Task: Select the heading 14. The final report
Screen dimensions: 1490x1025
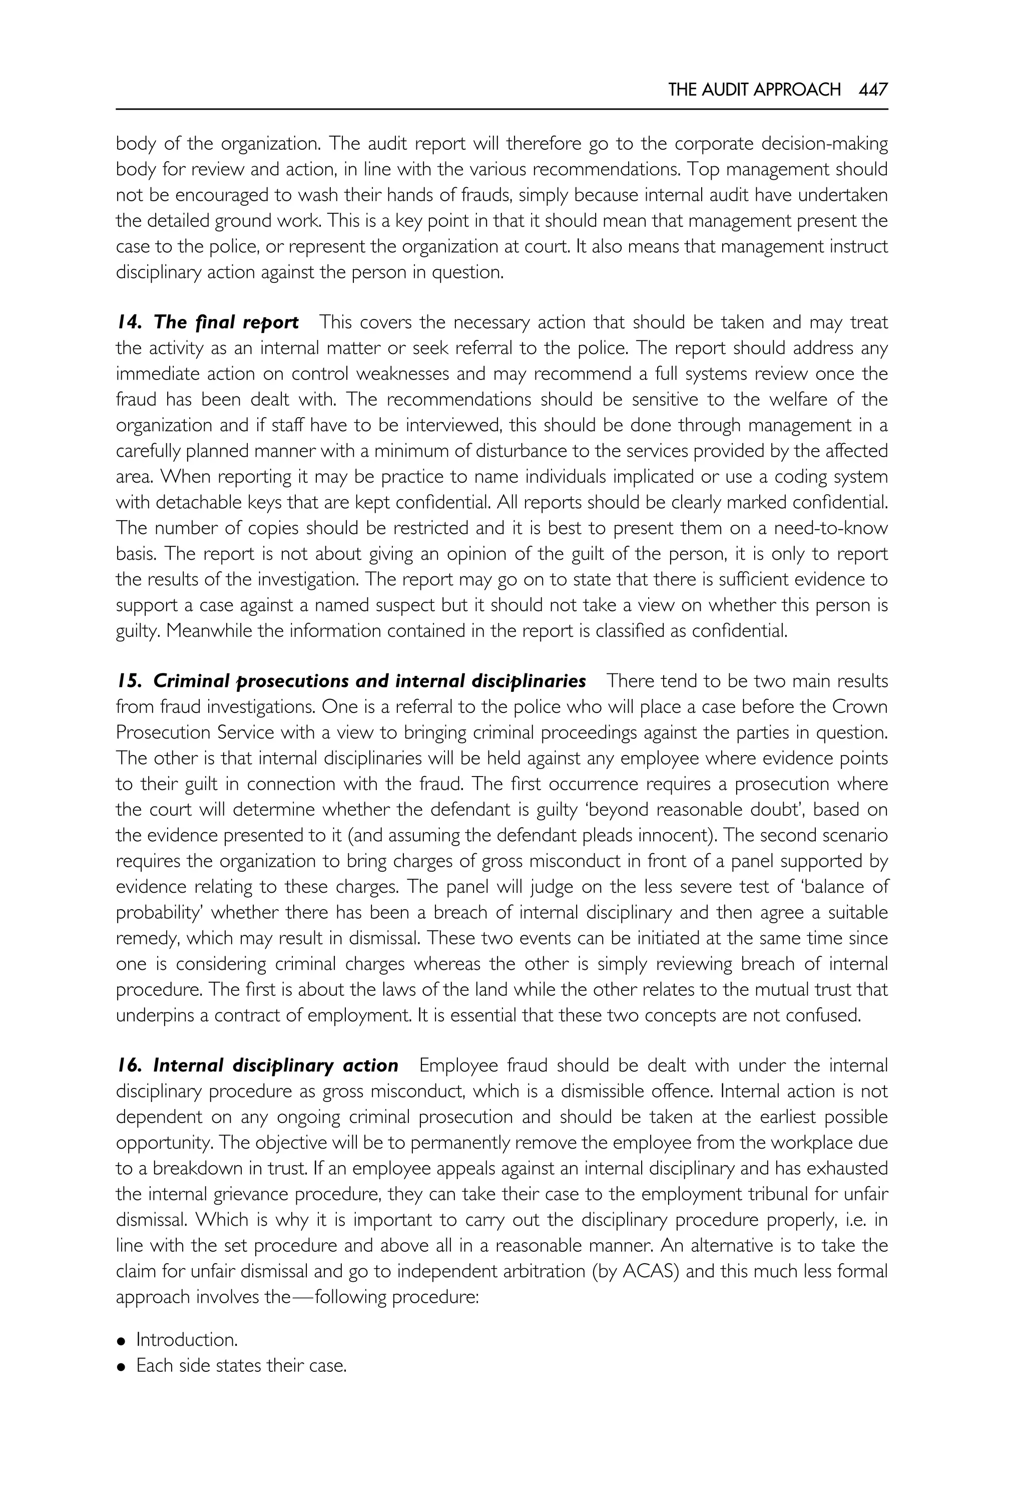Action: click(x=207, y=322)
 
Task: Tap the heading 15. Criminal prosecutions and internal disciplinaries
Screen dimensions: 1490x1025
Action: click(x=351, y=681)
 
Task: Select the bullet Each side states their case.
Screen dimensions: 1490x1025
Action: click(x=241, y=1365)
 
